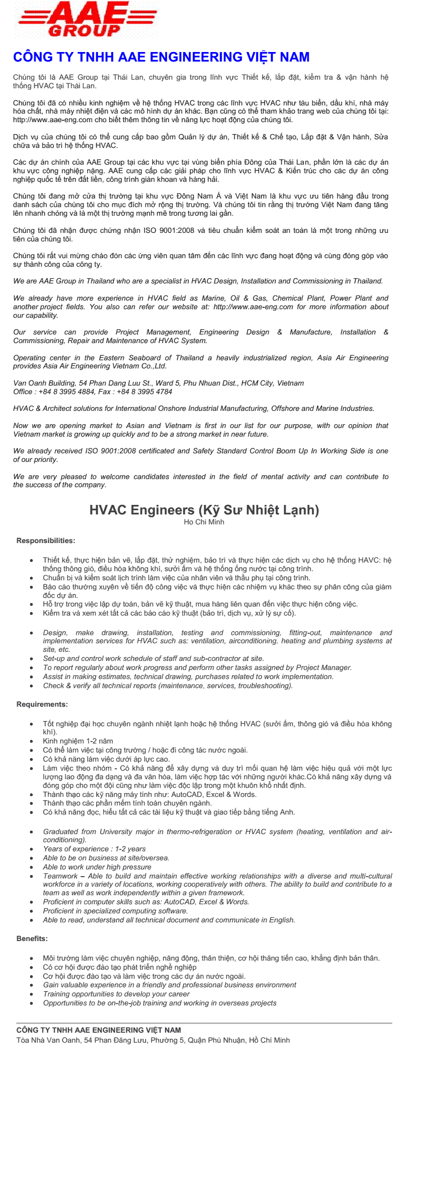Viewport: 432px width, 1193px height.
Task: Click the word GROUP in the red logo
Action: [x=84, y=31]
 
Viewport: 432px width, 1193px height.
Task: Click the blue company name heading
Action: [x=161, y=57]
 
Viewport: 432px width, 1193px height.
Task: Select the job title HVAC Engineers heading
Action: [x=204, y=510]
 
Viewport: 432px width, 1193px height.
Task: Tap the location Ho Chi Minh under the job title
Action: [x=204, y=522]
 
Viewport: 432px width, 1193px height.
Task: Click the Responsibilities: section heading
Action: [x=46, y=541]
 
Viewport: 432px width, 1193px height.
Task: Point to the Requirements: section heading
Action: [x=42, y=704]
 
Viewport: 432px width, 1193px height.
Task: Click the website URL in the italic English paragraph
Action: [x=253, y=307]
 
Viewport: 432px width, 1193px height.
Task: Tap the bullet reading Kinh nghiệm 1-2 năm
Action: [x=78, y=741]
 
